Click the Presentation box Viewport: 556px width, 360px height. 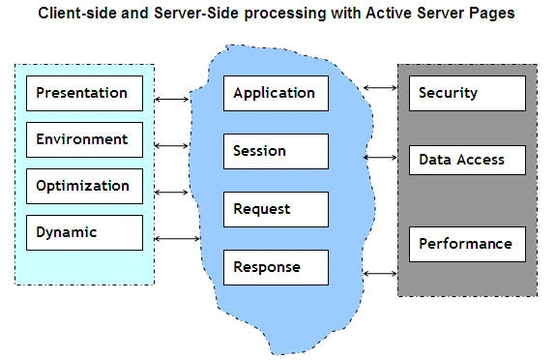(84, 93)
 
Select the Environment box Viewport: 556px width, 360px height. (84, 139)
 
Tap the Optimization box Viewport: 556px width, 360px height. (84, 186)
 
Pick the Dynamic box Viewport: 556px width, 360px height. (84, 232)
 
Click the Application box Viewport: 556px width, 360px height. (276, 93)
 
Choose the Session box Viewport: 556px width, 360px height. (276, 151)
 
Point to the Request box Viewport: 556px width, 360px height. (276, 209)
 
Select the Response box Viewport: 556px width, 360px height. (276, 267)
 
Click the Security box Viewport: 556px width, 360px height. (467, 93)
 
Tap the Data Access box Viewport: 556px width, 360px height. (467, 160)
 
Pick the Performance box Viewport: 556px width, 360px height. (467, 244)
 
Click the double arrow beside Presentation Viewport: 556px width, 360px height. (171, 100)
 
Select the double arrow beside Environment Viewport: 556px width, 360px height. (171, 145)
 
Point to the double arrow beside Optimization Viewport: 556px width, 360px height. (171, 192)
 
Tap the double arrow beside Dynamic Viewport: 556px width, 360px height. (177, 239)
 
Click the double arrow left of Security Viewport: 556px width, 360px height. (380, 88)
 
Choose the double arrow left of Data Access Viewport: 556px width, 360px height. (380, 158)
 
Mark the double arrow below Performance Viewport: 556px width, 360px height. (380, 273)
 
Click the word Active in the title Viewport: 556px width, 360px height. (389, 14)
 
